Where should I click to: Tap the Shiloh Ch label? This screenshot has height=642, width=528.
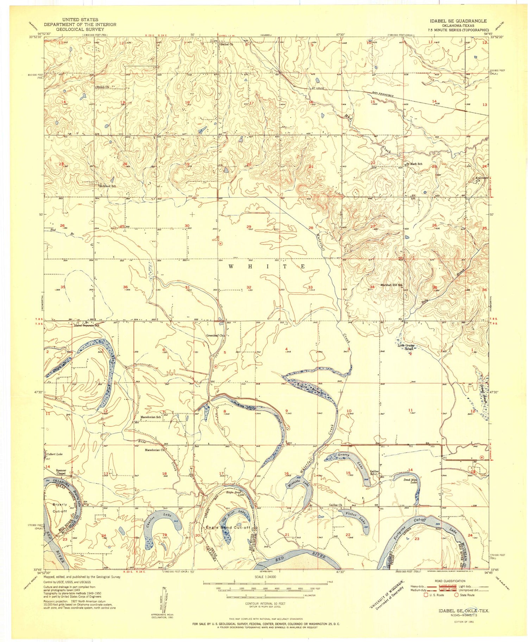pyautogui.click(x=102, y=87)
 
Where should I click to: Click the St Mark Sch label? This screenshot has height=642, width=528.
pyautogui.click(x=414, y=164)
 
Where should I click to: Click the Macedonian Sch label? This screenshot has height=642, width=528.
pyautogui.click(x=151, y=417)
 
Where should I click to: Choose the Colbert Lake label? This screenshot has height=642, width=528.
pyautogui.click(x=55, y=454)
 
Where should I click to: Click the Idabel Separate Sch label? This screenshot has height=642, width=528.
pyautogui.click(x=87, y=326)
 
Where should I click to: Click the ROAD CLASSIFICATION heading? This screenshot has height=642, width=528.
pyautogui.click(x=453, y=581)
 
